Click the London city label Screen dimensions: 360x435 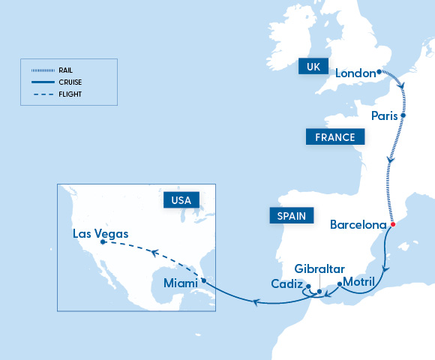click(x=354, y=73)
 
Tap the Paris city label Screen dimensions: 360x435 click(x=385, y=115)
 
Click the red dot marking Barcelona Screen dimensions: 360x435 click(x=391, y=223)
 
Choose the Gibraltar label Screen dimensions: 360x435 click(x=319, y=268)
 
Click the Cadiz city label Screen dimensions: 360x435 click(x=286, y=285)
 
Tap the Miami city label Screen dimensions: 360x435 click(x=180, y=283)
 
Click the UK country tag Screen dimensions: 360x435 click(x=313, y=67)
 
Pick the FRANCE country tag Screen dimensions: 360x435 click(x=334, y=137)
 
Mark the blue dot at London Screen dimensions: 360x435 click(x=379, y=73)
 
